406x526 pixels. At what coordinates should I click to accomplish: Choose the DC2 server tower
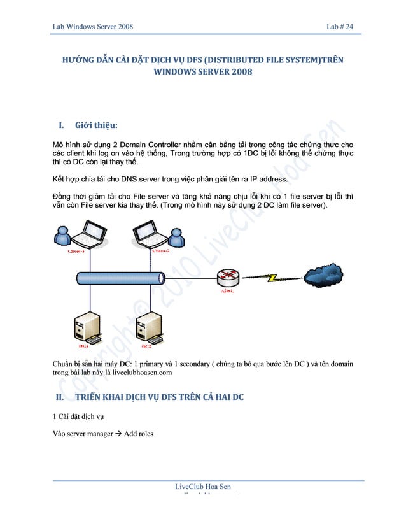144,327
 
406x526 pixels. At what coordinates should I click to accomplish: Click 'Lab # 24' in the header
344,26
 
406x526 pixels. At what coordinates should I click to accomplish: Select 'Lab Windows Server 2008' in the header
92,26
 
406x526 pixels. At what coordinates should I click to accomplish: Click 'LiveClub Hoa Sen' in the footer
203,488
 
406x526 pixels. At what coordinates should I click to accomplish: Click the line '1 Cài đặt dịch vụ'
78,417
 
